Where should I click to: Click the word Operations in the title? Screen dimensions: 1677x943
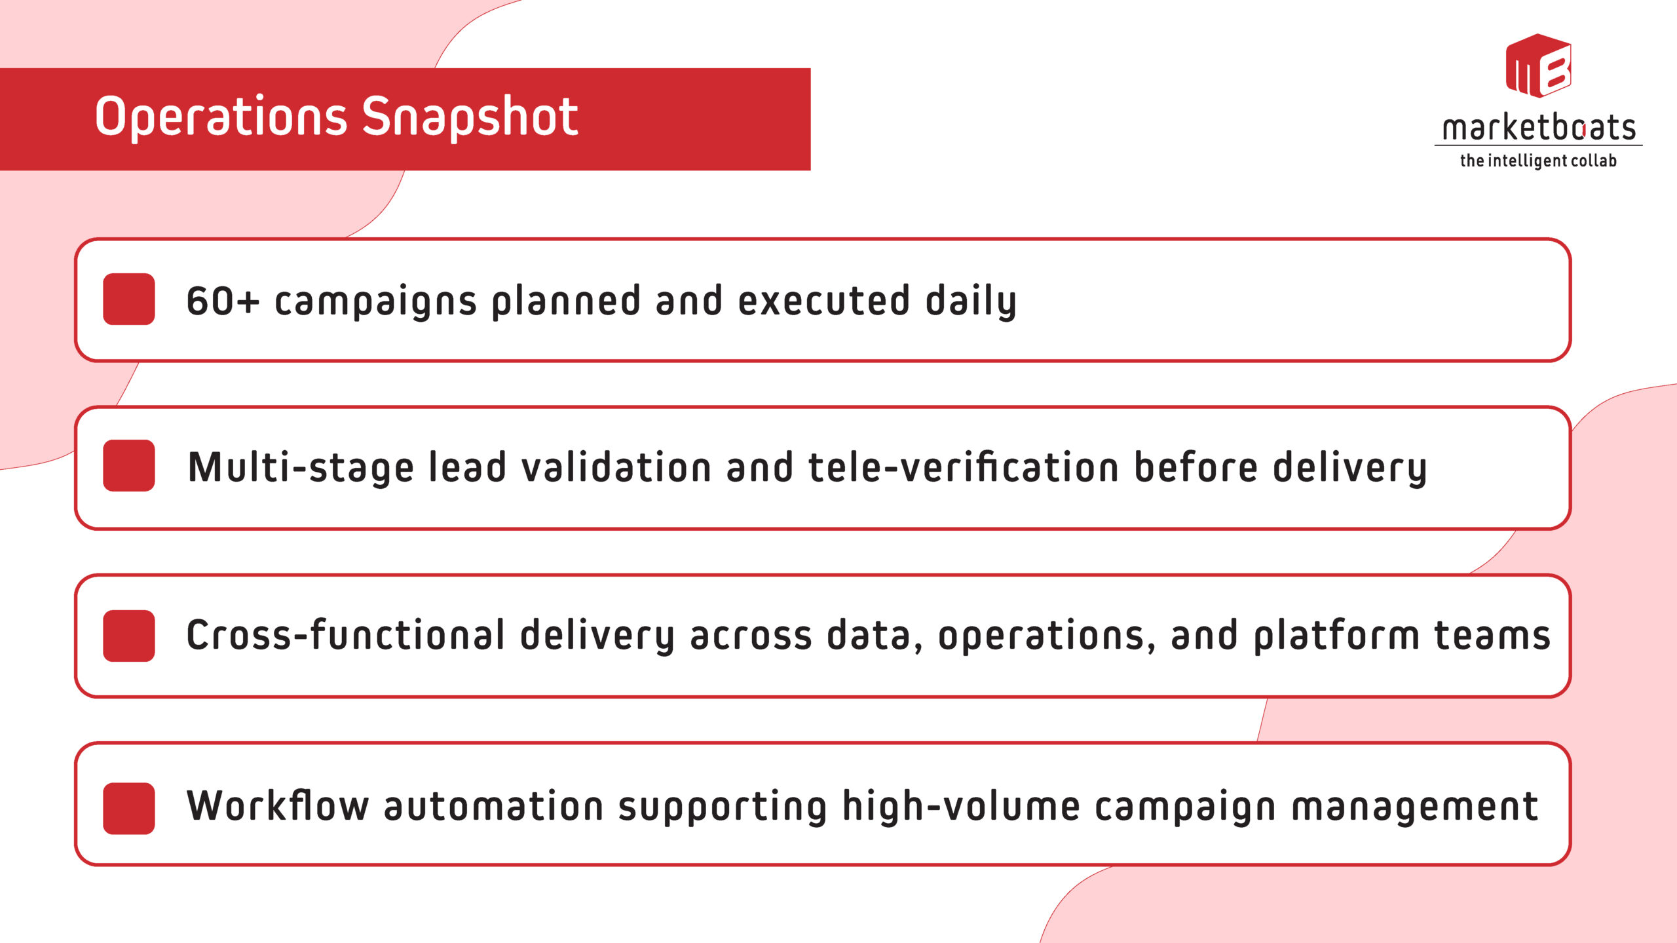[221, 117]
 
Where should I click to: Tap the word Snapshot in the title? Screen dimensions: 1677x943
[470, 117]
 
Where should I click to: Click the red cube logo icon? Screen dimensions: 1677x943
[1538, 66]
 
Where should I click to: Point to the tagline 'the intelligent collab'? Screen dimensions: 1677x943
[1538, 161]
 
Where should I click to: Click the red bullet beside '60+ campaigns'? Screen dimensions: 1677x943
[129, 299]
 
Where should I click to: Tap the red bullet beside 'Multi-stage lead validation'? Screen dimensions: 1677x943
[129, 465]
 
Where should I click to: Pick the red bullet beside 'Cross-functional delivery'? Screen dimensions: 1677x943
[129, 636]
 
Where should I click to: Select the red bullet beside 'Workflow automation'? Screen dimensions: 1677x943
[129, 808]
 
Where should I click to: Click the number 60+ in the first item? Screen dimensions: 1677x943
[223, 301]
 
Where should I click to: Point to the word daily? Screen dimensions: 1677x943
[971, 301]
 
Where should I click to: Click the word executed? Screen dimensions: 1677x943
[824, 301]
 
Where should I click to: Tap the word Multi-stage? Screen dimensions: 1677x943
[301, 468]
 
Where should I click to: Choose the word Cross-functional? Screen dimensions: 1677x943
[345, 635]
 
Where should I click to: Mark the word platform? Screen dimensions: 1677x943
[1336, 636]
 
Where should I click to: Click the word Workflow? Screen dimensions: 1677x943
[278, 805]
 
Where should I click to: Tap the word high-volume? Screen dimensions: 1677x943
[961, 806]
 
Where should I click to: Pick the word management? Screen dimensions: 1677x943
[1415, 807]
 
